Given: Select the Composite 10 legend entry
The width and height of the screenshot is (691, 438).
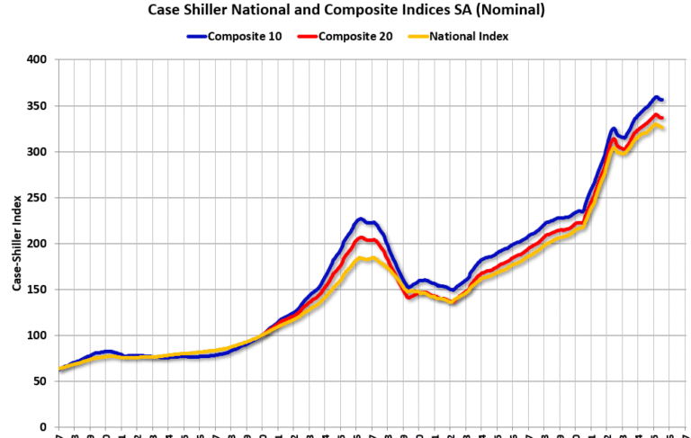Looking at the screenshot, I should [x=237, y=37].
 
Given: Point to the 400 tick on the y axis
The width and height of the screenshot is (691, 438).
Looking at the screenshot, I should [x=39, y=60].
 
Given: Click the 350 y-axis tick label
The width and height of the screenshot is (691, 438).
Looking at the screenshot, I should [x=39, y=106].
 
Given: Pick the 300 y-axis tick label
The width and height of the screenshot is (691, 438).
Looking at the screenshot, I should [x=39, y=152].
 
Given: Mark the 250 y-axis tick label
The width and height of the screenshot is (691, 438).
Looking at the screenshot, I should [x=39, y=198].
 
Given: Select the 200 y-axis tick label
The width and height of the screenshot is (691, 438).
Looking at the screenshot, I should [x=39, y=244].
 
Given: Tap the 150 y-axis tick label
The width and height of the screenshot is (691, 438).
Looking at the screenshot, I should [x=39, y=290].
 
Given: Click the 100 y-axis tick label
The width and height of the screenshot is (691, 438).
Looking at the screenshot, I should [x=39, y=335].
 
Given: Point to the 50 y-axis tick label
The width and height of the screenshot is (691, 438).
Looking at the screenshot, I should [x=41, y=381].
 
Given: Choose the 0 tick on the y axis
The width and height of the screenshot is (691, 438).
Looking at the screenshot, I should [x=45, y=427].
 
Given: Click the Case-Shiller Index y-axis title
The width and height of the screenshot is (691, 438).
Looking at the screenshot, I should [x=16, y=244].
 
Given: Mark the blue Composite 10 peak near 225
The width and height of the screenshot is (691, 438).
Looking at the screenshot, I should [x=360, y=219].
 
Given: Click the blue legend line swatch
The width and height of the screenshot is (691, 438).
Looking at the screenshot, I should [x=196, y=37].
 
